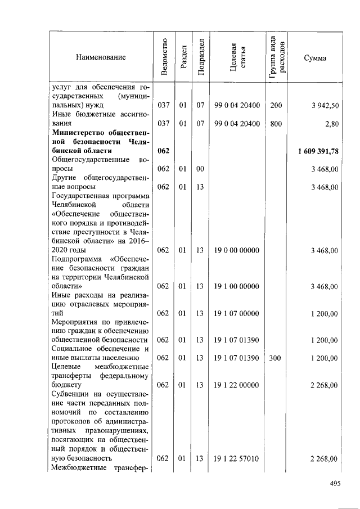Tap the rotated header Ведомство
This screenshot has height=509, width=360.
click(164, 57)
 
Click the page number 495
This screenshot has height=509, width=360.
click(336, 483)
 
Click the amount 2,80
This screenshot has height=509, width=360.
click(331, 124)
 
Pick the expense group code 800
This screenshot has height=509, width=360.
click(276, 124)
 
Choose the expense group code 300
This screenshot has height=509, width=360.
click(276, 358)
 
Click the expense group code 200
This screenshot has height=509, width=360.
click(276, 106)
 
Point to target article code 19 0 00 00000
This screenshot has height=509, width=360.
click(237, 250)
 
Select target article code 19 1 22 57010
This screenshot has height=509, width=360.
click(237, 459)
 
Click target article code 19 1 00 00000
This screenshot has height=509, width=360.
click(237, 286)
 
